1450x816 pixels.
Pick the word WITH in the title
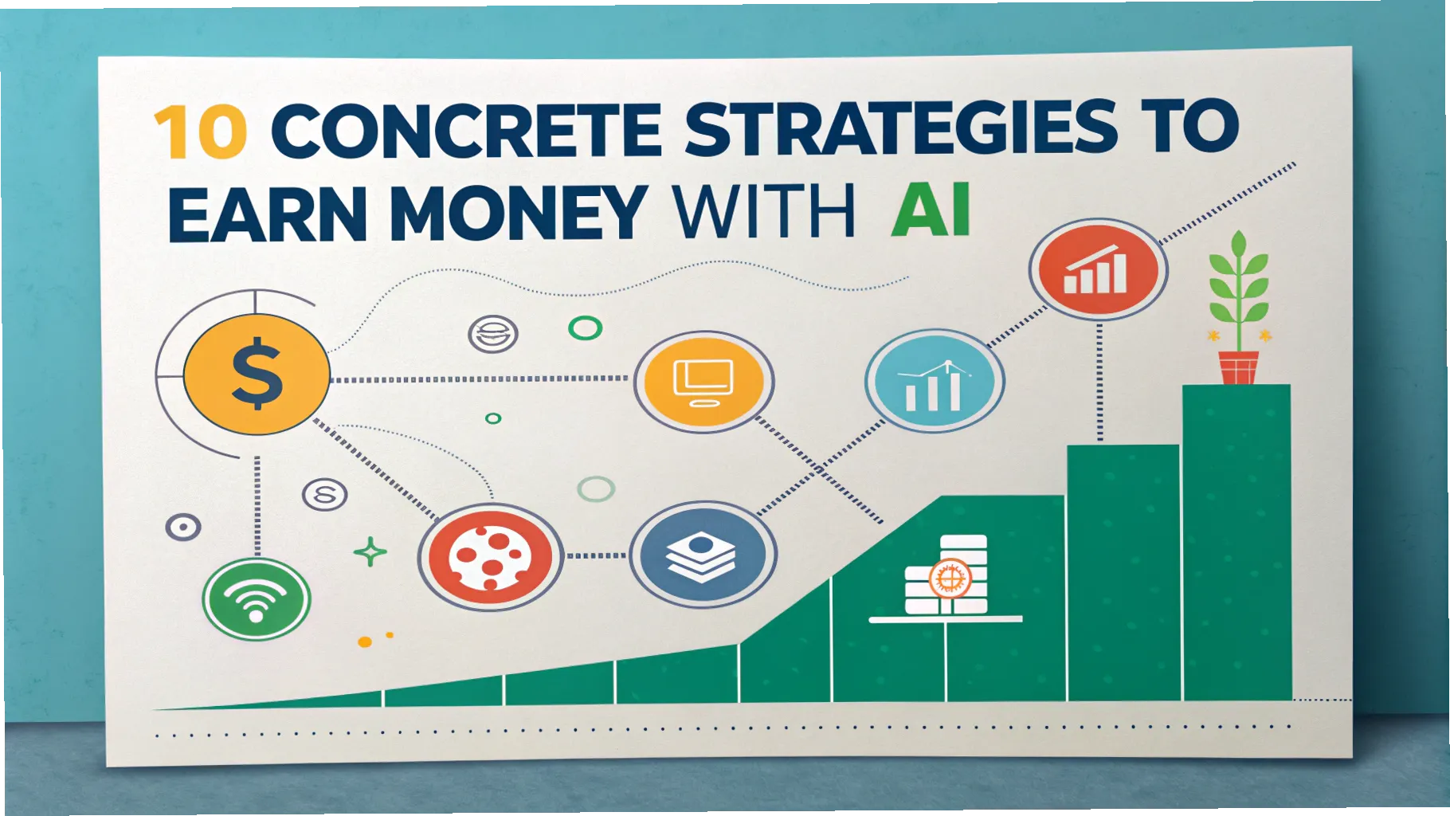pyautogui.click(x=764, y=212)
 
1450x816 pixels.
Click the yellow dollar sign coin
pyautogui.click(x=257, y=374)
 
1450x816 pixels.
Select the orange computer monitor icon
pyautogui.click(x=703, y=382)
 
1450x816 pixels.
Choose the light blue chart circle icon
pyautogui.click(x=934, y=382)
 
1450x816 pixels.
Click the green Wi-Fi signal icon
pyautogui.click(x=256, y=599)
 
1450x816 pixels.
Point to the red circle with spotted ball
pyautogui.click(x=490, y=555)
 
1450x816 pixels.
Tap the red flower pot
pyautogui.click(x=1238, y=367)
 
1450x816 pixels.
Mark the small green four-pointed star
pyautogui.click(x=370, y=551)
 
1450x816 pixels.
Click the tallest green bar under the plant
pyautogui.click(x=1236, y=542)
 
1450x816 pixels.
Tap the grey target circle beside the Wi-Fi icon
pyautogui.click(x=183, y=527)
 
